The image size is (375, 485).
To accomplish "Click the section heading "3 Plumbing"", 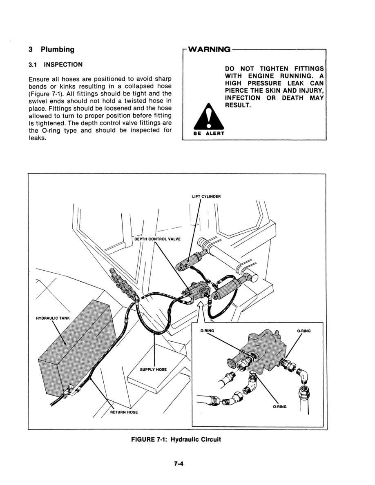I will (51, 49).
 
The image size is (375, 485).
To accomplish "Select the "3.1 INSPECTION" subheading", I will (55, 65).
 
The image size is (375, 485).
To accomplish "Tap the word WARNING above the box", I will (208, 49).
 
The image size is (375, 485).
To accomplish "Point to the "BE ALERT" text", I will (209, 133).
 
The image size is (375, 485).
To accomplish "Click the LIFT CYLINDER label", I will (206, 196).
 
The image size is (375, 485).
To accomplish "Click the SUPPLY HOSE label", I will (153, 369).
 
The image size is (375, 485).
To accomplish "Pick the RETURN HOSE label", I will (124, 412).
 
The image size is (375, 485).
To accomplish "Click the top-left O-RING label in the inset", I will (208, 331).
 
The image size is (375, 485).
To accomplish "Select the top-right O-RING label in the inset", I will (304, 331).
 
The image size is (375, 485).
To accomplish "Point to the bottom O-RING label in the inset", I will (279, 406).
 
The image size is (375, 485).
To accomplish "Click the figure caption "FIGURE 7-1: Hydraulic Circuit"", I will (176, 440).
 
